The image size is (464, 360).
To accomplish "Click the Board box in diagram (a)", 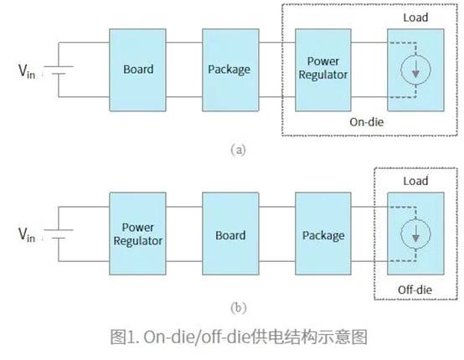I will click(137, 69).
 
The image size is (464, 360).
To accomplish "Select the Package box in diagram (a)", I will click(230, 69).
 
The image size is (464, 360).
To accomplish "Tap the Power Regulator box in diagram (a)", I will click(322, 69).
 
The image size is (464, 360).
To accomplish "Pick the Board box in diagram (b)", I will click(230, 234).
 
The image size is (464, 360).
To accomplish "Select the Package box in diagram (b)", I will click(322, 234).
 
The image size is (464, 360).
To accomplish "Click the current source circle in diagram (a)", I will click(413, 71).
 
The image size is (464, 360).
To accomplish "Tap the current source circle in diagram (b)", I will click(413, 235).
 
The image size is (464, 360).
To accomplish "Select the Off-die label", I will click(413, 288).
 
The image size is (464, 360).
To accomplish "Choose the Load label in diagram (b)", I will click(414, 181).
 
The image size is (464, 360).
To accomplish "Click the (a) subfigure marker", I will click(237, 151).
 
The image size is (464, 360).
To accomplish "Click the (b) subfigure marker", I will click(237, 307).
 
